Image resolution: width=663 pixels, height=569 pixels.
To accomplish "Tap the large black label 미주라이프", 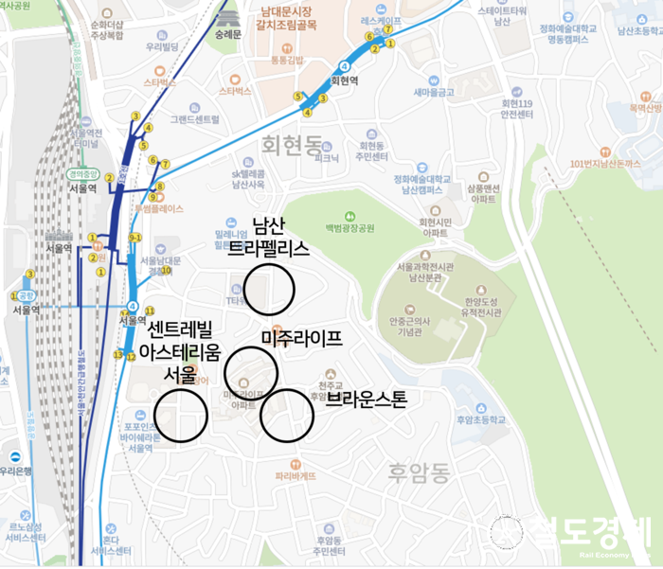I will pos(300,338).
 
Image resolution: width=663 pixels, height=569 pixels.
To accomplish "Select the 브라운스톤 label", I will pos(366,399).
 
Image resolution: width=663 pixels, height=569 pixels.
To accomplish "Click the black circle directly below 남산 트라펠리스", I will pos(269,288).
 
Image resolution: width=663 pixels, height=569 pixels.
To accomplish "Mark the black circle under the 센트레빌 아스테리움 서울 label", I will pos(180,415).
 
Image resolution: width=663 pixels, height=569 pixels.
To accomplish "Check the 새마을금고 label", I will pos(434,92).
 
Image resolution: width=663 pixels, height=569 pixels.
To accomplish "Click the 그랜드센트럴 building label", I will pos(194,119).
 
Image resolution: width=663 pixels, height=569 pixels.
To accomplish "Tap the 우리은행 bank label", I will pos(16,470).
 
